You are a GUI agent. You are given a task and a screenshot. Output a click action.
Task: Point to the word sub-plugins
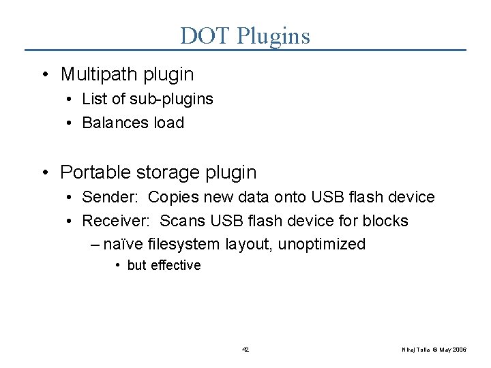click(170, 99)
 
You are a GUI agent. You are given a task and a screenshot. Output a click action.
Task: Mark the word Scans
click(182, 221)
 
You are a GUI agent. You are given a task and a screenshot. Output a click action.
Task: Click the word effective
click(176, 265)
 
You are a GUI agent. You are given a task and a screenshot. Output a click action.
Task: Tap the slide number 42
click(245, 350)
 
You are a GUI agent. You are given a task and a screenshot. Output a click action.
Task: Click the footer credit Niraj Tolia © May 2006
click(434, 350)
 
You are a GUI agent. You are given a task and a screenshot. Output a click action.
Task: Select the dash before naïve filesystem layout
click(95, 244)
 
